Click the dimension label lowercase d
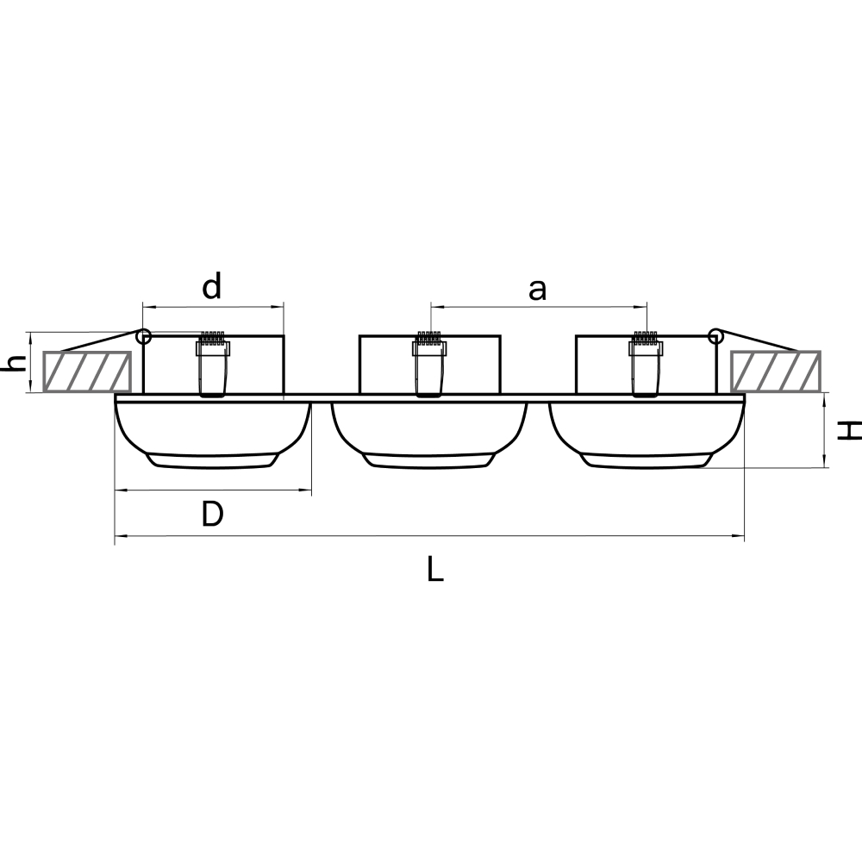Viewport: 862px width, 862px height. [212, 286]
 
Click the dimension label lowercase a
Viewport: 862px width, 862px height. [538, 290]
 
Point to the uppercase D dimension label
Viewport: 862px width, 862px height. [212, 515]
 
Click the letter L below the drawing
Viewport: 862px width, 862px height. [435, 569]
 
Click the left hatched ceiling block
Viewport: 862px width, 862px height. [87, 371]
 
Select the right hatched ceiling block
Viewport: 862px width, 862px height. [775, 371]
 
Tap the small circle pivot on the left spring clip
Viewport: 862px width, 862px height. [144, 336]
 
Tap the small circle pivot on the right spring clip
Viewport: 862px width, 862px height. [715, 336]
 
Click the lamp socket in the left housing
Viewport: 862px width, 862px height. [213, 364]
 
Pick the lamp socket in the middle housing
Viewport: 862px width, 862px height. [429, 364]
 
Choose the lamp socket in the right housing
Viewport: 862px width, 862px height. [646, 364]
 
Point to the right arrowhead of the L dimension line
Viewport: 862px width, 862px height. [740, 536]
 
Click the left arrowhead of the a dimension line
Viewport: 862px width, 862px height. [435, 305]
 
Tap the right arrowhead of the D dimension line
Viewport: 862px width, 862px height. [306, 490]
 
